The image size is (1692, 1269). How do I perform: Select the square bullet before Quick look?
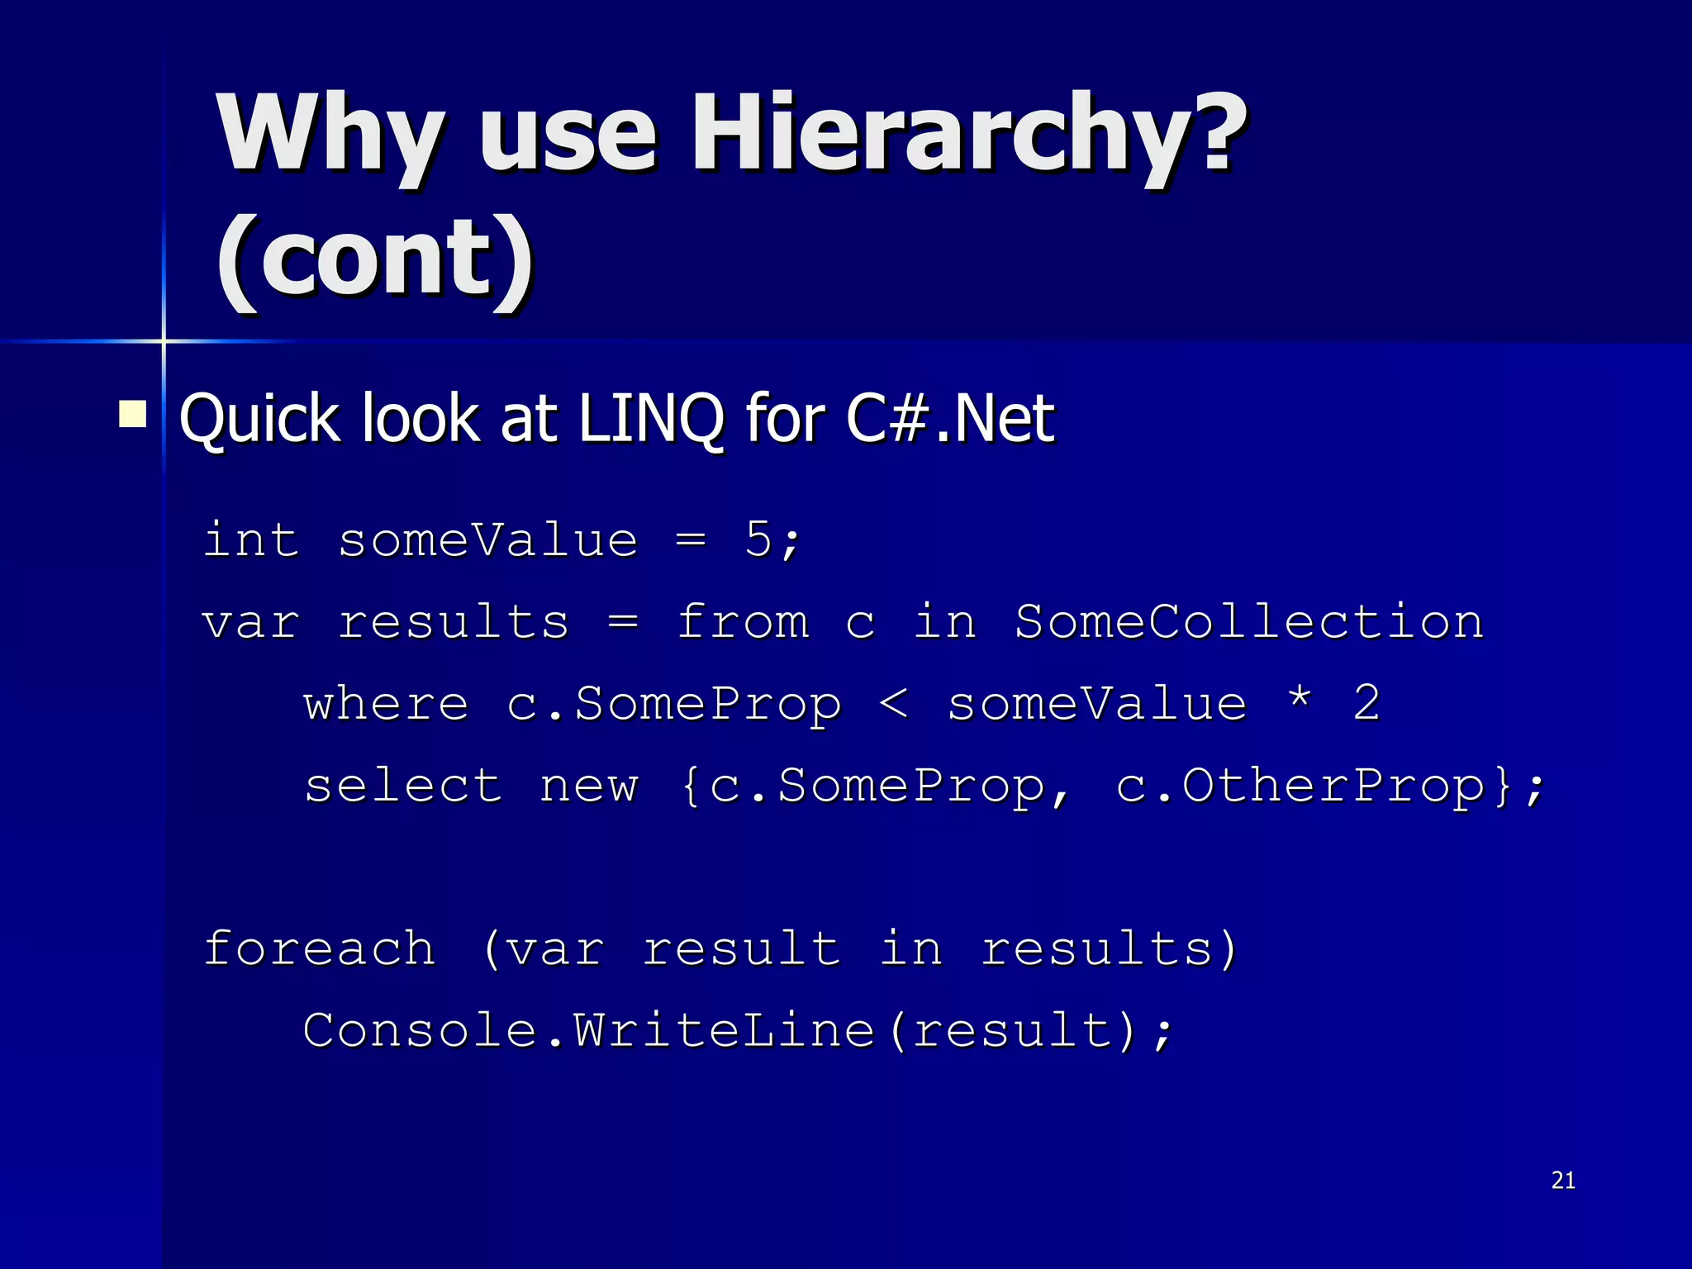click(x=133, y=414)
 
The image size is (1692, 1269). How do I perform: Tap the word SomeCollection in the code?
click(x=1248, y=621)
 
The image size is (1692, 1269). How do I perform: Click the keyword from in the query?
click(x=742, y=621)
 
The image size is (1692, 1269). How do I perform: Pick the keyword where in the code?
click(x=387, y=704)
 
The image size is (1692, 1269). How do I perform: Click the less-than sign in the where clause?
click(x=893, y=704)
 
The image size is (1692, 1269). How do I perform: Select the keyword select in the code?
click(x=403, y=785)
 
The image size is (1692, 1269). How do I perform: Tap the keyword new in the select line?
click(x=589, y=787)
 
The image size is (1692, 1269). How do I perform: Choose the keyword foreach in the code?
click(x=319, y=948)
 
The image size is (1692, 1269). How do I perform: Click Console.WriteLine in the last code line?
click(x=588, y=1030)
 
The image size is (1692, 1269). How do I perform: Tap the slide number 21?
click(x=1563, y=1181)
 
